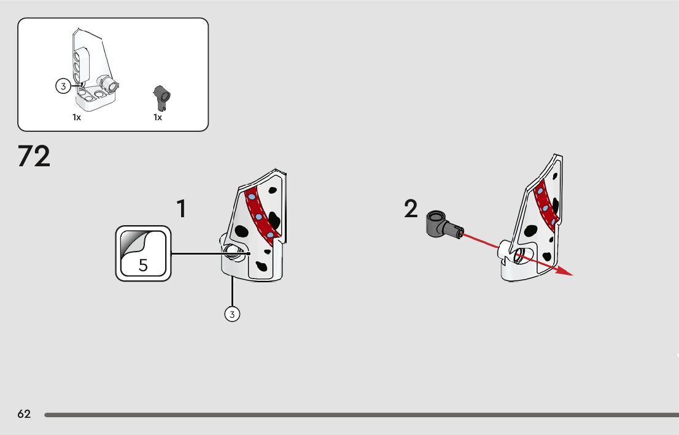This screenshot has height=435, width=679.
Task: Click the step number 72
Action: (34, 157)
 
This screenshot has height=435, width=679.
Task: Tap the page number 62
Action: (24, 414)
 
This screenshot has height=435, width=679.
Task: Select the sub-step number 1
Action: (181, 209)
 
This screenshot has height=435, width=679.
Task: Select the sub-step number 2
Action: (411, 209)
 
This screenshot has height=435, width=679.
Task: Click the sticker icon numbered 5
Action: (143, 253)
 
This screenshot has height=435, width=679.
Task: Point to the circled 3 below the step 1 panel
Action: (231, 314)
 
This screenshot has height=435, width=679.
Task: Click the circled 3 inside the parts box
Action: (63, 87)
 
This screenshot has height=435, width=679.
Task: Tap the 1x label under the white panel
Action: (77, 117)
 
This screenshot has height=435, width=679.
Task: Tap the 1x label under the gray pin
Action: (158, 117)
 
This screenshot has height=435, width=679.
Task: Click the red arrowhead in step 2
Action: (564, 272)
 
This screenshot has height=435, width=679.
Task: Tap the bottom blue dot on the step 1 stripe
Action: (270, 235)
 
